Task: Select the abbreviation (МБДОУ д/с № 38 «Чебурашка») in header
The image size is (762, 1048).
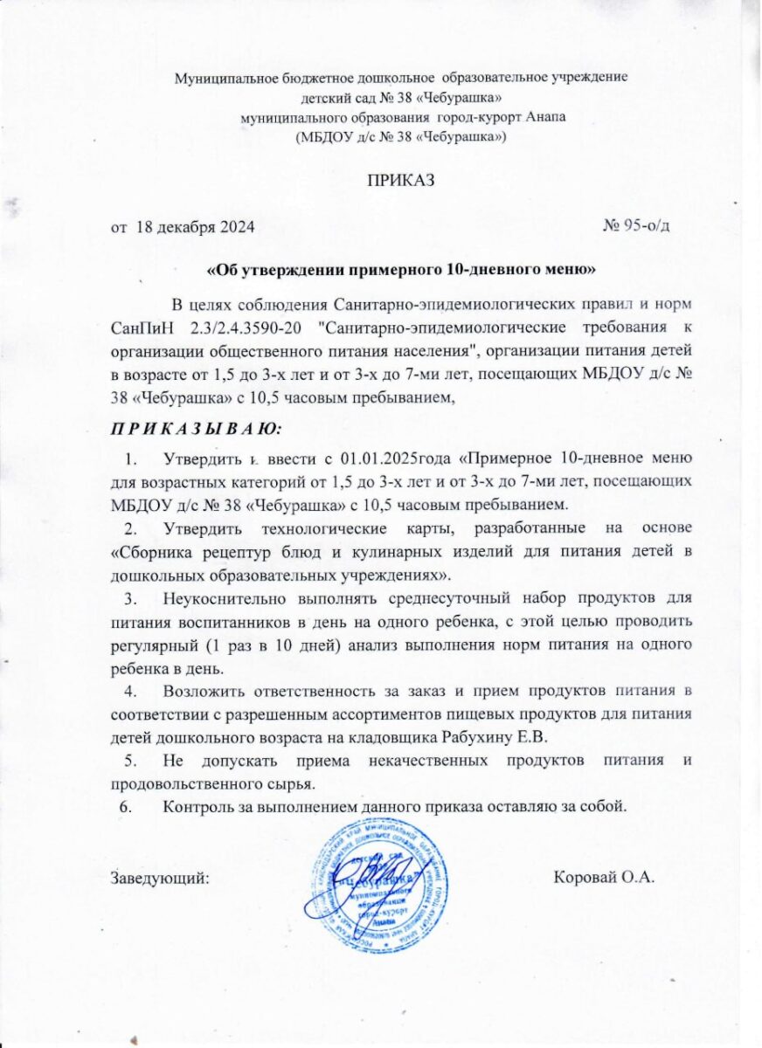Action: tap(401, 137)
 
